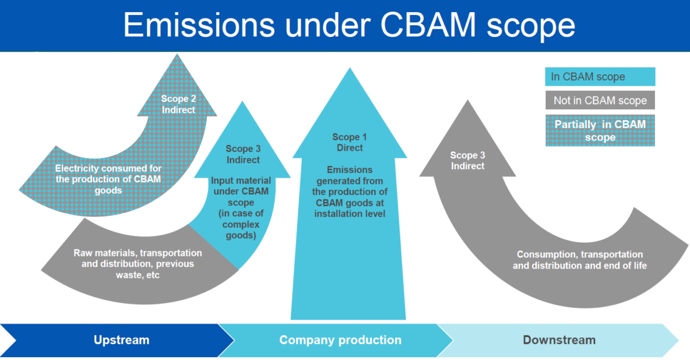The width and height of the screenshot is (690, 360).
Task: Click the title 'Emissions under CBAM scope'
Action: pyautogui.click(x=349, y=26)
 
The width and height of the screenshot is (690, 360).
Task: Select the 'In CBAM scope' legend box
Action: pyautogui.click(x=600, y=77)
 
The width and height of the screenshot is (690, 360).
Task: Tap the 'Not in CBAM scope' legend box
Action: pyautogui.click(x=600, y=101)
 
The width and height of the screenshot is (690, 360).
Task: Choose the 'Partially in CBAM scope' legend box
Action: pyautogui.click(x=600, y=131)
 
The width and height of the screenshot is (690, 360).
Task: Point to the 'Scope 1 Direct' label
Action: pyautogui.click(x=350, y=143)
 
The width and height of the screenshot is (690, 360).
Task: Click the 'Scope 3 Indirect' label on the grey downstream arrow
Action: pyautogui.click(x=467, y=161)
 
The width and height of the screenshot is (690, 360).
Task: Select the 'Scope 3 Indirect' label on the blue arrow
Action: pyautogui.click(x=243, y=154)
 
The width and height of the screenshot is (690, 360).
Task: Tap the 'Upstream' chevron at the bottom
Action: pyautogui.click(x=121, y=340)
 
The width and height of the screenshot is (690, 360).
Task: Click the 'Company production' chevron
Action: pyautogui.click(x=340, y=340)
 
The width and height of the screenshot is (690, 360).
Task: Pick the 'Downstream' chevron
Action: pyautogui.click(x=558, y=340)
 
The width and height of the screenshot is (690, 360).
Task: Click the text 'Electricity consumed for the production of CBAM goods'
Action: pyautogui.click(x=109, y=179)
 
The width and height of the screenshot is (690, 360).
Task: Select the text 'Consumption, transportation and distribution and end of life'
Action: pyautogui.click(x=580, y=260)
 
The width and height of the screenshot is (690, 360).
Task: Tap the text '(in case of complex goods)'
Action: pyautogui.click(x=243, y=224)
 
